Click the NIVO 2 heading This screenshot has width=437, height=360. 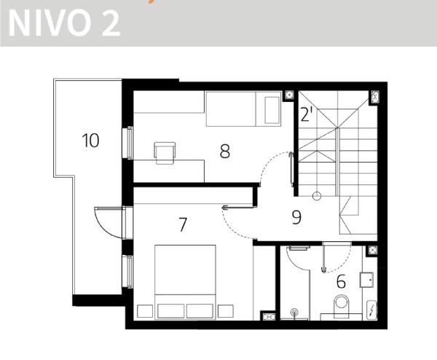pos(64,23)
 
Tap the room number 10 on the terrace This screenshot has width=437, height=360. pos(90,140)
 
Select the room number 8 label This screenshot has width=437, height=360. pos(225,152)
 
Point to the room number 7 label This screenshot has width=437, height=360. pos(183,224)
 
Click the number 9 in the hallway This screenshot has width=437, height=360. pos(296,217)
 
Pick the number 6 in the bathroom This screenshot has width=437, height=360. pos(341,281)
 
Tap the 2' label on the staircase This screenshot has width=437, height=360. pos(307,114)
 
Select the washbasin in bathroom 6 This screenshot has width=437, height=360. pos(367,280)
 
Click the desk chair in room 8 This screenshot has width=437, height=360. pos(165,153)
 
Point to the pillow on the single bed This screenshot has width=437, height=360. pos(272,110)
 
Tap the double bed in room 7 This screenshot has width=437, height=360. pos(185,281)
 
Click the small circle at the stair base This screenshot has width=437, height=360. pos(317,196)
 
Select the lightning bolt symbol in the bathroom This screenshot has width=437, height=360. pos(372,310)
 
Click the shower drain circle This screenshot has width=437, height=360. pos(294,312)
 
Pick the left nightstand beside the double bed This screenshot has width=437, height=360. pos(145,311)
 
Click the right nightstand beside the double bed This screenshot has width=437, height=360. pos(226,311)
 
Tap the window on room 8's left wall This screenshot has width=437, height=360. pos(129,143)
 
